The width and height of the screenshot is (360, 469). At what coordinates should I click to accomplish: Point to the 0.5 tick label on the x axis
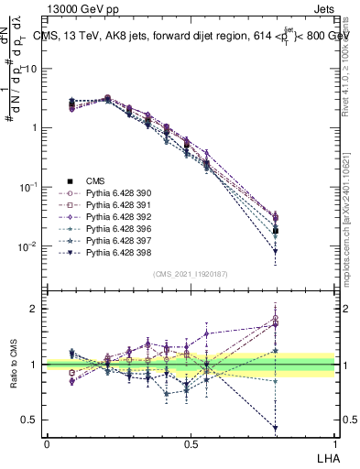191,442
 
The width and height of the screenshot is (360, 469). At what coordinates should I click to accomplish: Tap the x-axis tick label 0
47,442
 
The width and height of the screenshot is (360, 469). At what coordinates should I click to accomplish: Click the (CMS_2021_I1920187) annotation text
190,273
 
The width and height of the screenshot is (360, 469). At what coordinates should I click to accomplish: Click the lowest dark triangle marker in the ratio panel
276,428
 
